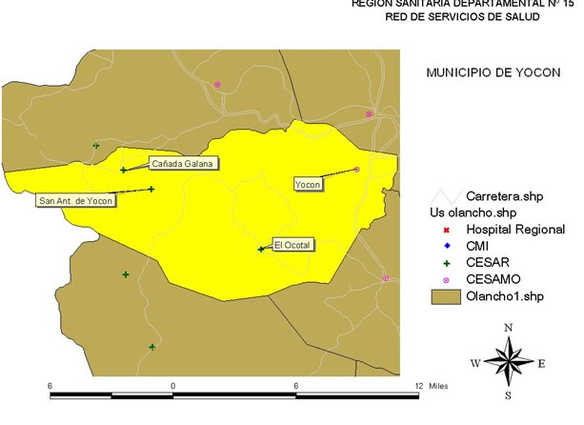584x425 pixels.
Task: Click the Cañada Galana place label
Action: click(183, 163)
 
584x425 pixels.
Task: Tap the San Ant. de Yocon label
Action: click(75, 200)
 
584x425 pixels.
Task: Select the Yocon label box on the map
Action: click(308, 184)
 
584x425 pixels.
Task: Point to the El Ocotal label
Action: click(292, 245)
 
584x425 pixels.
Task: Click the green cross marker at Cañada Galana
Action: click(124, 171)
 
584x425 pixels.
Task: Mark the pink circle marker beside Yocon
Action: click(357, 170)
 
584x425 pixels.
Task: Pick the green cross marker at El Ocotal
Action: click(261, 250)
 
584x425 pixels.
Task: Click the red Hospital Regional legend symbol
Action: click(446, 230)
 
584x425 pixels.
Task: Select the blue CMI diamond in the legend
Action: click(446, 246)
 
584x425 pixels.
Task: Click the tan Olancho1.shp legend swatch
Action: click(445, 295)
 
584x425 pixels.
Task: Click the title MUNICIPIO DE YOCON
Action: click(486, 71)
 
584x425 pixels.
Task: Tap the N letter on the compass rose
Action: click(509, 327)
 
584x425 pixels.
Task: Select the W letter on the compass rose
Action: click(475, 363)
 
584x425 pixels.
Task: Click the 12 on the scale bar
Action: click(416, 385)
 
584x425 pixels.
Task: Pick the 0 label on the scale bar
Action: click(172, 385)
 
